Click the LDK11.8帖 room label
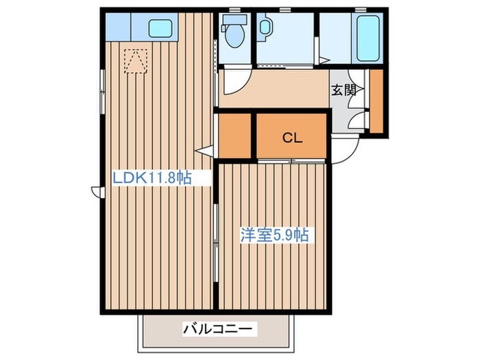pos(152,178)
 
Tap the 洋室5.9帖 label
pos(274,235)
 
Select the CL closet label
pos(292,138)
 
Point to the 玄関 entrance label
pos(344,91)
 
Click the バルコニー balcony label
pos(218,329)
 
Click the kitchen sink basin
pos(160,29)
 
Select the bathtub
pos(368,38)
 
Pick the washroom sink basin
pos(264,27)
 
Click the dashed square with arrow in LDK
pos(136,61)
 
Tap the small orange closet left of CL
pos(235,136)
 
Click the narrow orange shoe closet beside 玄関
pos(376,101)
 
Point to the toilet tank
pos(235,19)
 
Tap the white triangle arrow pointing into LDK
pos(204,151)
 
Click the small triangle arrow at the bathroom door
pos(324,60)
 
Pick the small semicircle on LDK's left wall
pos(95,192)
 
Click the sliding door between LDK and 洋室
pos(216,243)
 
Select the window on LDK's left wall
pos(103,91)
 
